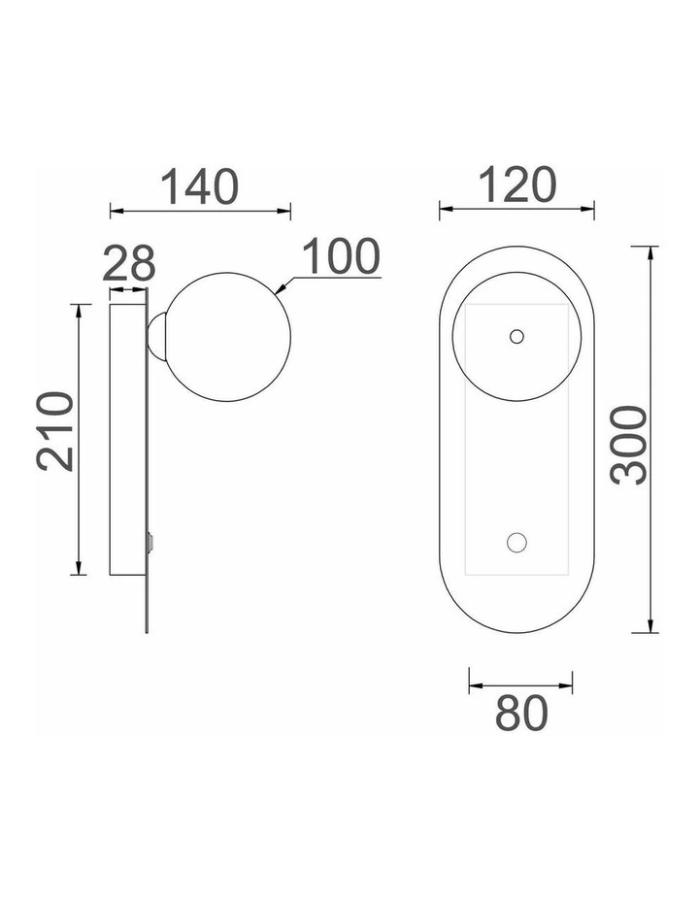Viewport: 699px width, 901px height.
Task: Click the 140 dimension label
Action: pos(199,186)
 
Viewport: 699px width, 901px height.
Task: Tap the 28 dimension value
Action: pos(129,263)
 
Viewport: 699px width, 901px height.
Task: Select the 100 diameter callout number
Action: pos(341,256)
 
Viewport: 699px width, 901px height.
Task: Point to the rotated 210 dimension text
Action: pos(55,431)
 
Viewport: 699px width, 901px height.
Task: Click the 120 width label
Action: pos(516,185)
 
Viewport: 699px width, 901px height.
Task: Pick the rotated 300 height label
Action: pos(629,446)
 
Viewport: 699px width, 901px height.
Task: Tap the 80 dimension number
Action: pos(521,713)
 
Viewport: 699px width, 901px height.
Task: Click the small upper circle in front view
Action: pos(516,336)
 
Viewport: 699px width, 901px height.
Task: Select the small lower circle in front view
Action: pos(516,543)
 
